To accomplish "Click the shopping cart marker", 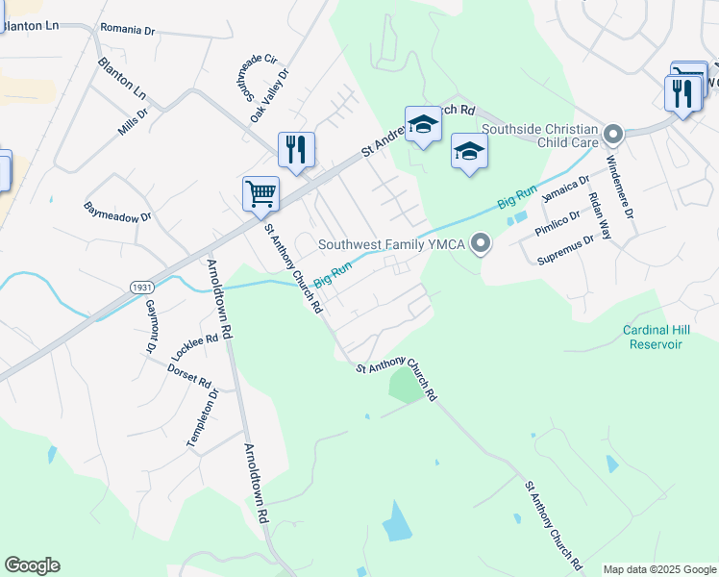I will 260,193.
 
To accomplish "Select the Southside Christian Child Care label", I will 540,132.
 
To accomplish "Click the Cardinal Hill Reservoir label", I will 658,337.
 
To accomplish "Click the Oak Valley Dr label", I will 269,95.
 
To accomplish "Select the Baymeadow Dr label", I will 118,211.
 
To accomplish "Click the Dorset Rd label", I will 188,375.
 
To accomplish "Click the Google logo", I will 32,565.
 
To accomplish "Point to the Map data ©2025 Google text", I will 658,569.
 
